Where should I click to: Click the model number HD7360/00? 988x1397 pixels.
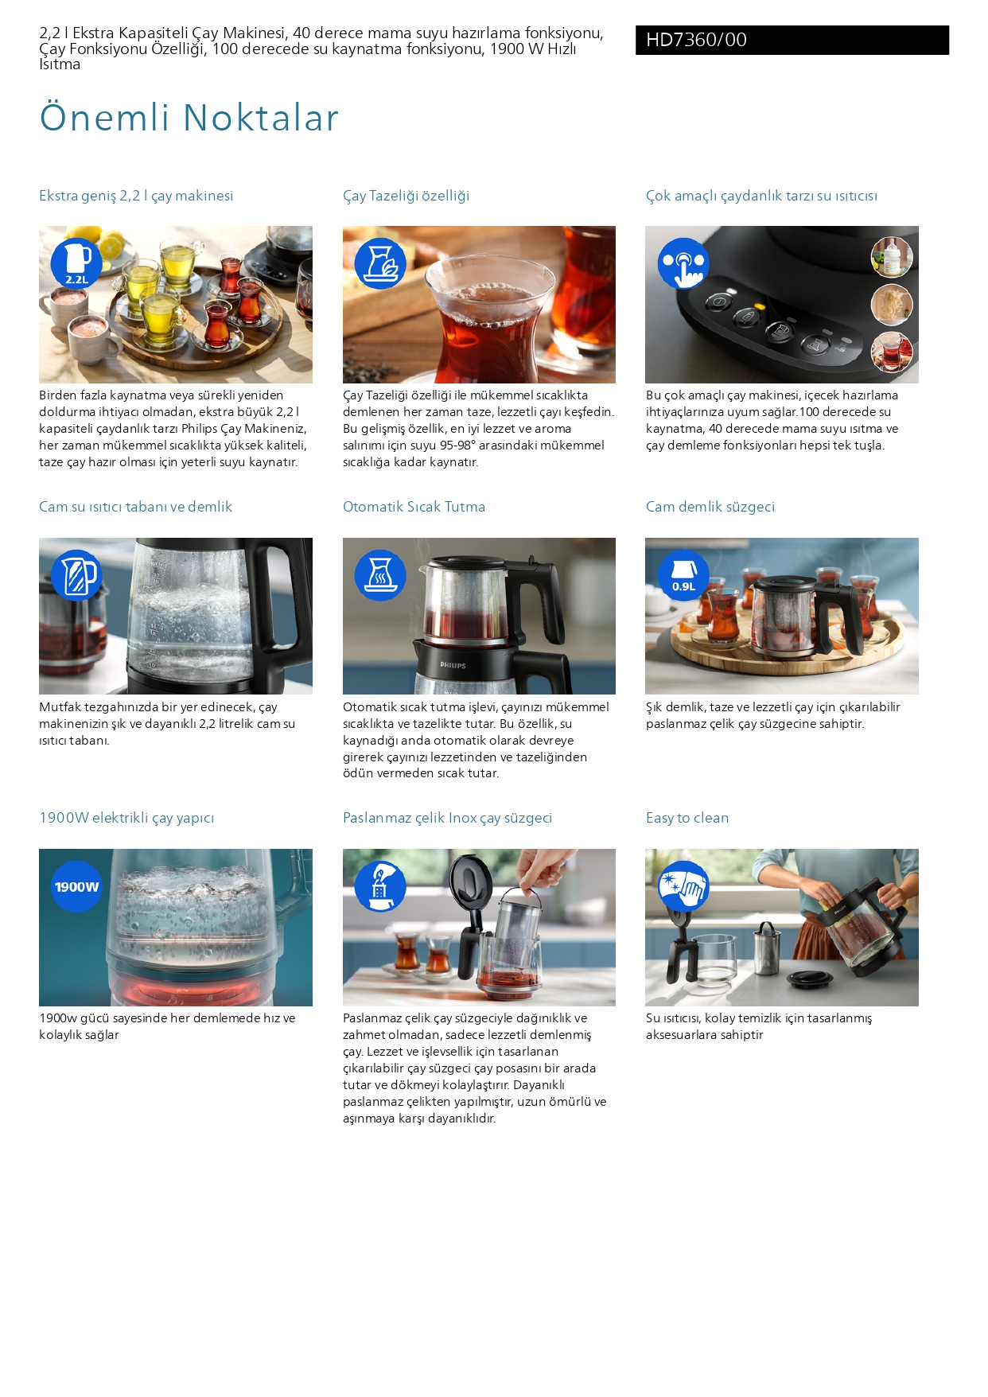(696, 40)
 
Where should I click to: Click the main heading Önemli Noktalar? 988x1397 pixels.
(189, 118)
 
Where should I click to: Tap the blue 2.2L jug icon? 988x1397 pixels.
(76, 263)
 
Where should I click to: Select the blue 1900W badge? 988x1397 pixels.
(76, 886)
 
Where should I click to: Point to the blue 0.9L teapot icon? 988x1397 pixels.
(683, 575)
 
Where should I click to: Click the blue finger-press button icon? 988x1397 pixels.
(683, 263)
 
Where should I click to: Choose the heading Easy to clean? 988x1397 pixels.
(687, 818)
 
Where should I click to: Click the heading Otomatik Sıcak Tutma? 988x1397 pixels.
(414, 507)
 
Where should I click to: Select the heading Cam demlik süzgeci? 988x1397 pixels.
(710, 507)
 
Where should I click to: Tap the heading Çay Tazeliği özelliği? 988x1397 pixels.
(406, 196)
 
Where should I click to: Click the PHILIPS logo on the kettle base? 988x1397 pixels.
(453, 665)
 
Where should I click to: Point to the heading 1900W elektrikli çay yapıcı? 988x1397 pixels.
(126, 818)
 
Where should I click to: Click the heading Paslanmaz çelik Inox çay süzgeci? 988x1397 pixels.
(447, 818)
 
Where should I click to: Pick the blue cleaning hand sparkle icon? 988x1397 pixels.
(683, 886)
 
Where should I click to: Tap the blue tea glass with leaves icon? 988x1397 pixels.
(380, 263)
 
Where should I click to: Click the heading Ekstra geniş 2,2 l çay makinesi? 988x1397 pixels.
(136, 196)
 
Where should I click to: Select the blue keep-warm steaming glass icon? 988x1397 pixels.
(380, 575)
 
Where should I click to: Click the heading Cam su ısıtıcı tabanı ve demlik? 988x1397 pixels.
(135, 507)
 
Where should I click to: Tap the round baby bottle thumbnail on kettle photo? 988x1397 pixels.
(892, 257)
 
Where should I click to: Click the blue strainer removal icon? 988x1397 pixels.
(380, 886)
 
